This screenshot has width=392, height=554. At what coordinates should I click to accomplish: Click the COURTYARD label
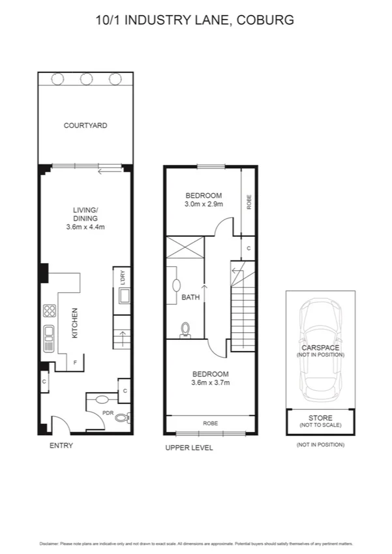85,125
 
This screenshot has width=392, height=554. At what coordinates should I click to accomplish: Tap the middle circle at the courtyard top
85,79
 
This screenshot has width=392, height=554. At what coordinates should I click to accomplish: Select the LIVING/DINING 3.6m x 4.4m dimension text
85,227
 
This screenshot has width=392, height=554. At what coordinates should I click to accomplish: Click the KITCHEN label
75,323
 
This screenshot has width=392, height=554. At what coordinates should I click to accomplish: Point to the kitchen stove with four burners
49,311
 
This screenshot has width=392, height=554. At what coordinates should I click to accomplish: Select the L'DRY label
122,278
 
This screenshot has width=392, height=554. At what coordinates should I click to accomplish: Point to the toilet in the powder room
123,418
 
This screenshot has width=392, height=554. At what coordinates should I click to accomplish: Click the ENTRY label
61,446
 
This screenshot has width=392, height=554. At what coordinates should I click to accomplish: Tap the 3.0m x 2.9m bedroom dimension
204,204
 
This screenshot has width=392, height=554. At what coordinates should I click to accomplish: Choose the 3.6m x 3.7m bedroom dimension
210,382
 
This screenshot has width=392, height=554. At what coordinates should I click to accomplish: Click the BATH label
190,298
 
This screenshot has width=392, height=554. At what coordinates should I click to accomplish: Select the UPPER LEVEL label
189,448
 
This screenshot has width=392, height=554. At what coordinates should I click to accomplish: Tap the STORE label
320,418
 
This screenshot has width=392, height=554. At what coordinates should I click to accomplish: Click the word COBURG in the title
267,20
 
